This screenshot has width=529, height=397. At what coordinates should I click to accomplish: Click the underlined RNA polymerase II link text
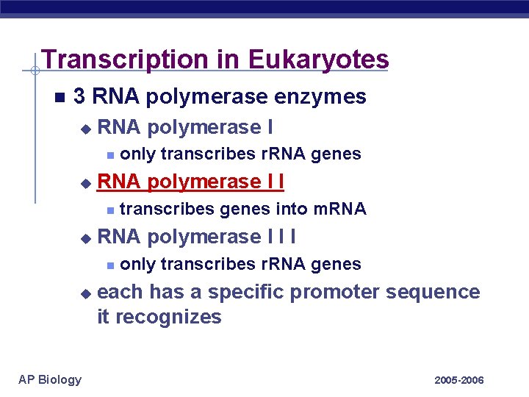(190, 182)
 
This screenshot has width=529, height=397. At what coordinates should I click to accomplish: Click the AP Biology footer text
(49, 379)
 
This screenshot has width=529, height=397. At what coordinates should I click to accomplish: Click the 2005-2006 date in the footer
(459, 380)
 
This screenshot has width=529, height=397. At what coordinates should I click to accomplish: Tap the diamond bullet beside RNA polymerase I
(86, 129)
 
